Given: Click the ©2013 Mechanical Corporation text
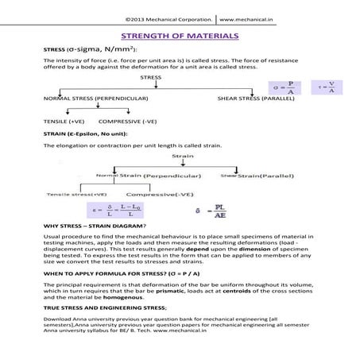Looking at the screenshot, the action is click(168, 17).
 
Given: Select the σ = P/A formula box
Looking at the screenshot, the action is click(285, 87).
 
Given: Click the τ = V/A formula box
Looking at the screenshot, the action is click(326, 87).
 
